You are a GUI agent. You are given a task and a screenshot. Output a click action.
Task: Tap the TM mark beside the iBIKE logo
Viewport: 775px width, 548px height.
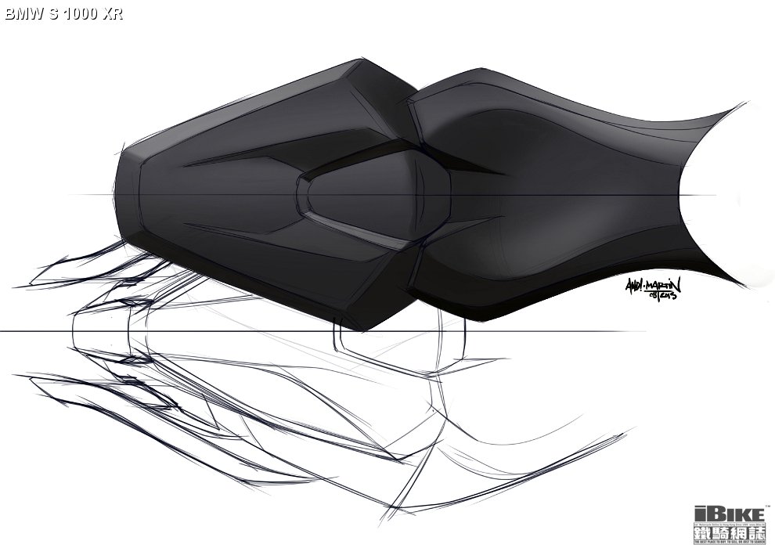coord(768,506)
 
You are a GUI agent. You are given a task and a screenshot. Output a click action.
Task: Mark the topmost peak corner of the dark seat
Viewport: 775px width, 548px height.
coord(364,59)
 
